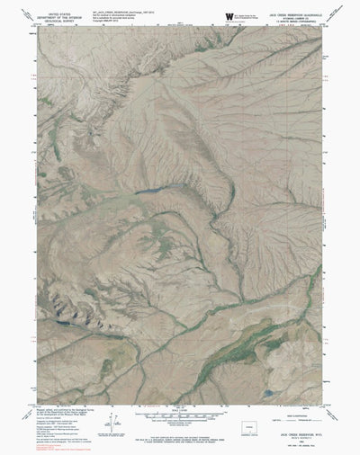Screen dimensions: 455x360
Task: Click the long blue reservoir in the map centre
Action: click(x=151, y=191)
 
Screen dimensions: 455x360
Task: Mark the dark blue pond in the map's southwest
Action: click(x=60, y=317)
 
